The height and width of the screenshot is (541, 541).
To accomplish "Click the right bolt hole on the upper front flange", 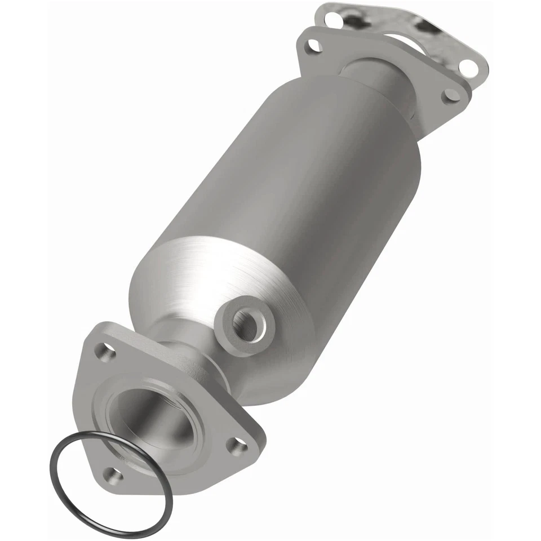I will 451,95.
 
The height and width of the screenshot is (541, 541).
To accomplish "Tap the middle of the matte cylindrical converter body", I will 282,186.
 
